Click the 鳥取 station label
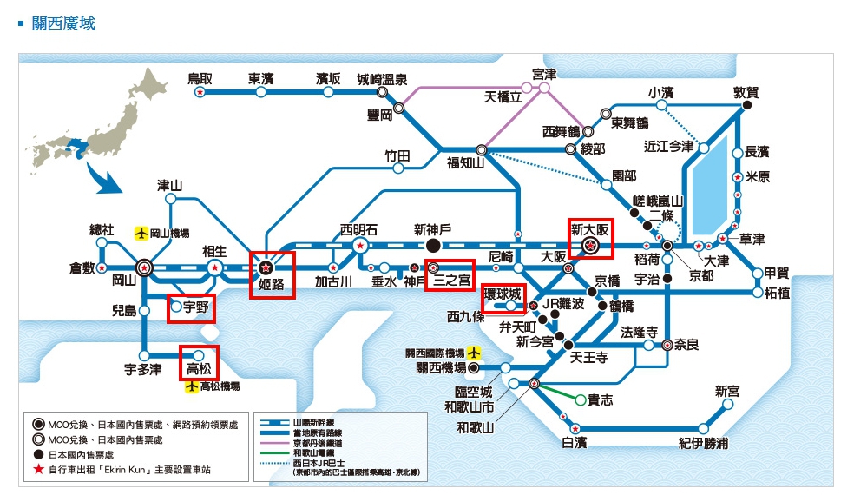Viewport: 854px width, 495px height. pos(200,78)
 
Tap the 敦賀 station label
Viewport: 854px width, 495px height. pos(746,91)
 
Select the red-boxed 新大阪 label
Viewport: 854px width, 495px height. pos(590,231)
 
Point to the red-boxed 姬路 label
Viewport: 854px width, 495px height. pos(272,283)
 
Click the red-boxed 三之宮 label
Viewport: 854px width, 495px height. pos(452,280)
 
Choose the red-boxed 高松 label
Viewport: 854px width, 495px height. pos(199,370)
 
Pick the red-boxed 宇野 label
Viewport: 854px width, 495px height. pos(195,306)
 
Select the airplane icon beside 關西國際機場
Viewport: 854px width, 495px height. pos(473,353)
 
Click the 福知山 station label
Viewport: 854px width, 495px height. pos(465,162)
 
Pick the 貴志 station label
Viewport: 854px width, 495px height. pos(601,399)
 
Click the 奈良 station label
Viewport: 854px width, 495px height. pos(686,345)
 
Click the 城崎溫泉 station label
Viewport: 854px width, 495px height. pos(382,78)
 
